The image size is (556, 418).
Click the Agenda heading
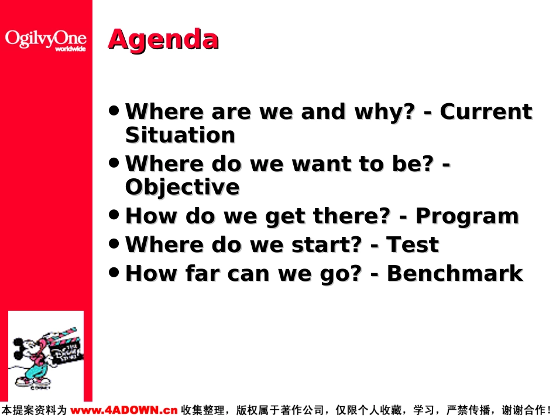point(163,40)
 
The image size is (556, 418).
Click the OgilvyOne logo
point(46,40)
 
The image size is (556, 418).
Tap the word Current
point(486,111)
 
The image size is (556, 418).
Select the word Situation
point(180,135)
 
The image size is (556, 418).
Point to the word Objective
point(182,188)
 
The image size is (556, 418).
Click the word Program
point(468,216)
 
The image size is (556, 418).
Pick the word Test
point(413,244)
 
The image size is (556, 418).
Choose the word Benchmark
point(455,273)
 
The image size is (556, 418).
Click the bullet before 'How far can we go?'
point(114,273)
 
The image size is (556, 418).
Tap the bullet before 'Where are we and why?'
point(114,110)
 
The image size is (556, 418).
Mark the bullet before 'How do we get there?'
point(114,215)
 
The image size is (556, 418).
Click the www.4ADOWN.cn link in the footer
point(123,410)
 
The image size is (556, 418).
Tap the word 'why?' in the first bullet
point(385,112)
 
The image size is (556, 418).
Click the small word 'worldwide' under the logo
point(70,49)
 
